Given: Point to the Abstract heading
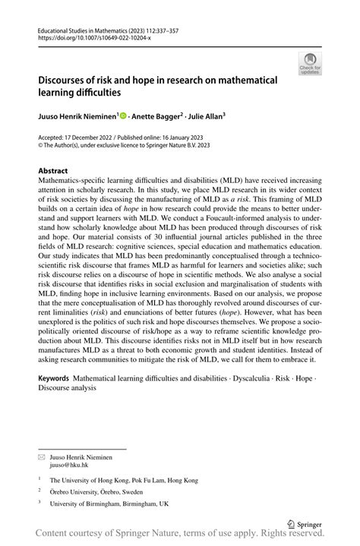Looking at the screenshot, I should tap(52, 171).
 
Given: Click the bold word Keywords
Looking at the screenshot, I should tap(57, 377).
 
